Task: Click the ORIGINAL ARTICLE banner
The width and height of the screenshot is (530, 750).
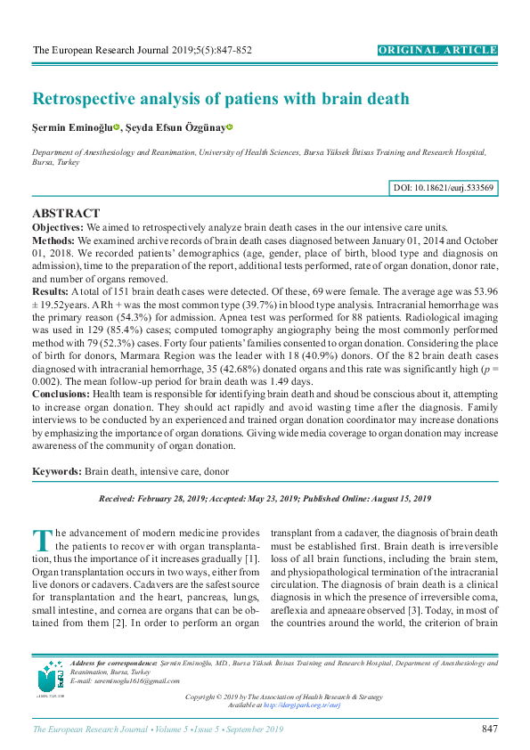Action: click(x=438, y=50)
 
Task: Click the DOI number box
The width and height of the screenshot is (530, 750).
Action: click(x=444, y=188)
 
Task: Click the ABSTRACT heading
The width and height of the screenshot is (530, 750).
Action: click(x=66, y=214)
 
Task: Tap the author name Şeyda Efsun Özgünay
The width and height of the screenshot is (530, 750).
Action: click(x=175, y=128)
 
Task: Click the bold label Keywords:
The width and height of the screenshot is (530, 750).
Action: click(x=57, y=470)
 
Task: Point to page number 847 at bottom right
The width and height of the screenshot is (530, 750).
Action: click(x=488, y=730)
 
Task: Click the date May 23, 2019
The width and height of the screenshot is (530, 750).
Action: click(x=267, y=499)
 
